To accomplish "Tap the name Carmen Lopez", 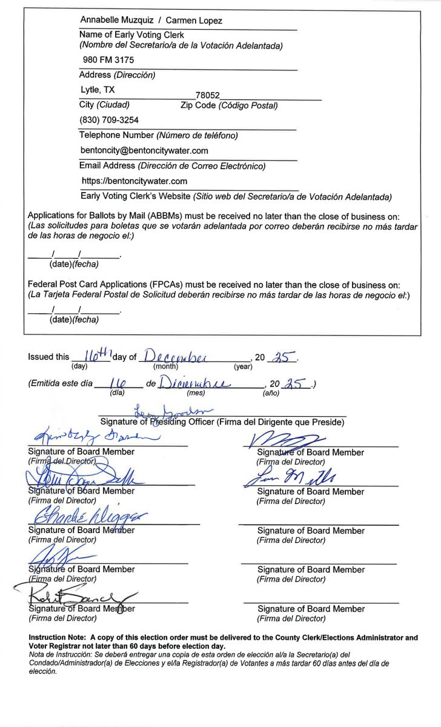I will point(194,21).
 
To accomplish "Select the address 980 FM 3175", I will point(108,60).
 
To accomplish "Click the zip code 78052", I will point(207,96).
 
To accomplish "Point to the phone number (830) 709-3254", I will point(109,120).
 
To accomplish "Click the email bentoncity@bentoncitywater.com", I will point(144,150).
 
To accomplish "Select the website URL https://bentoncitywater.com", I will point(134,181).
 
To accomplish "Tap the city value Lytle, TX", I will point(98,89).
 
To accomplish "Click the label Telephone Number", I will point(116,135).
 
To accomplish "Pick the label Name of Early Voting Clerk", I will point(131,35).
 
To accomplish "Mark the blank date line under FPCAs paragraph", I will point(73,310).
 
